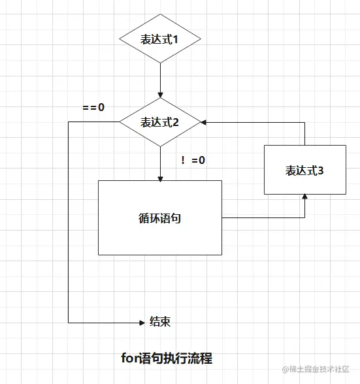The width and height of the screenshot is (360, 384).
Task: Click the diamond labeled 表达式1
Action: coord(159,39)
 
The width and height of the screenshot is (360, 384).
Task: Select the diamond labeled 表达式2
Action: coord(159,122)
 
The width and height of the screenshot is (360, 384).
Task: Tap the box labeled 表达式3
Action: coord(304,170)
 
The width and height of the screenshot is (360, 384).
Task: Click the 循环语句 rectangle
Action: coord(159,217)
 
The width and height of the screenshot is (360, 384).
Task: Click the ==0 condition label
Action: coord(93,107)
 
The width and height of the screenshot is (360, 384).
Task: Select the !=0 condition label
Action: coord(193,160)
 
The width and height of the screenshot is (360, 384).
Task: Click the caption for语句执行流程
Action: coord(167,359)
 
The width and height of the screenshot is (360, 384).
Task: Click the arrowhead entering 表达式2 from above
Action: coord(159,95)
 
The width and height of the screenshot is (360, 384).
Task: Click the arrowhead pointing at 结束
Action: coord(142,322)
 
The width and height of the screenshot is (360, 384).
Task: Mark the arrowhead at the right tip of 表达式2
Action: coord(205,122)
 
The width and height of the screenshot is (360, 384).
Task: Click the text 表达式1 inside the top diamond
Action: coord(159,39)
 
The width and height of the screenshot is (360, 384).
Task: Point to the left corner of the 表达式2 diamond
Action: coord(118,122)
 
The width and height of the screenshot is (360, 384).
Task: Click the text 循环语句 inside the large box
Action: coord(159,218)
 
